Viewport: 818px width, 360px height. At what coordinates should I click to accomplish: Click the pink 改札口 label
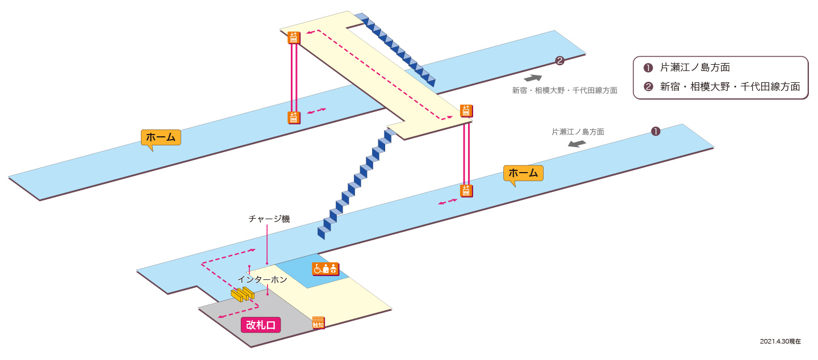[x=261, y=325]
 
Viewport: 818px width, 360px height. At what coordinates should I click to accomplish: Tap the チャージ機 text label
[x=269, y=219]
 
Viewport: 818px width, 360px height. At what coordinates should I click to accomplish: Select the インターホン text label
[x=262, y=280]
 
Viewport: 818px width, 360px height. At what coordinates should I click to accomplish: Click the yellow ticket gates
[x=243, y=294]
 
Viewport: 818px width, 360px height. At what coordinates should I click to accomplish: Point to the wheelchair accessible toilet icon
[x=325, y=269]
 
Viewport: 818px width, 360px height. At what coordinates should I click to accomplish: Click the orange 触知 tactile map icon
[x=318, y=323]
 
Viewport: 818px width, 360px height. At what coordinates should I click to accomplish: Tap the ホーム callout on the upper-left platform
[x=161, y=137]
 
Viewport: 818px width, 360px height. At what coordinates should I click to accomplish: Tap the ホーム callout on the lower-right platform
[x=523, y=173]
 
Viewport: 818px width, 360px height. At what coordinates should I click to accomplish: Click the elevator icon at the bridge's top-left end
[x=294, y=37]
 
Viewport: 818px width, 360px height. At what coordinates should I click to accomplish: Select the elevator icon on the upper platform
[x=294, y=118]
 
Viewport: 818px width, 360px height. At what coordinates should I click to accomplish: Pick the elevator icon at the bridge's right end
[x=466, y=111]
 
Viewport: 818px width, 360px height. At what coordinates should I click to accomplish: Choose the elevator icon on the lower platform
[x=466, y=191]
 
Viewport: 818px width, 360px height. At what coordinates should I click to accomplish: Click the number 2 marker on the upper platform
[x=560, y=61]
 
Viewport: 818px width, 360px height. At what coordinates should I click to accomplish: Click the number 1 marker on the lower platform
[x=656, y=131]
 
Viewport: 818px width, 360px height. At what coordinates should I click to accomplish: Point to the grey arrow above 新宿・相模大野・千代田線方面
[x=533, y=78]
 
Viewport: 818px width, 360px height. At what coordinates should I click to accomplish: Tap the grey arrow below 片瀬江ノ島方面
[x=577, y=144]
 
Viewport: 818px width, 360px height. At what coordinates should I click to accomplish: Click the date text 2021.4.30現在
[x=781, y=341]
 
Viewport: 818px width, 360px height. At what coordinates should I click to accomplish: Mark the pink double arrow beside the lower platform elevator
[x=448, y=202]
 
